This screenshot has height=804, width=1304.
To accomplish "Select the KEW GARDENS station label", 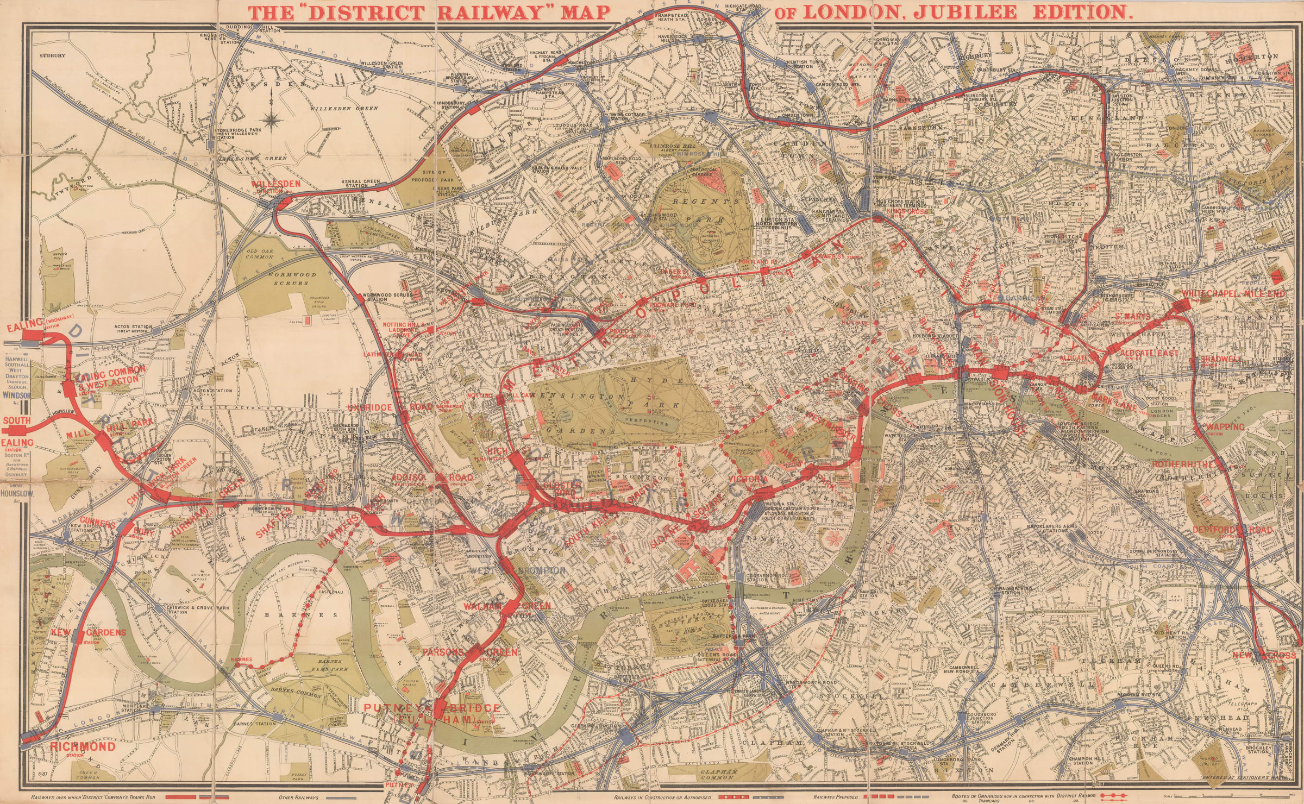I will [89, 632].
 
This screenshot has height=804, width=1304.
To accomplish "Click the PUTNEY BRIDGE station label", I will [431, 708].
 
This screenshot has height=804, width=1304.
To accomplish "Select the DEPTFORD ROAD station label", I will [1232, 530].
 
